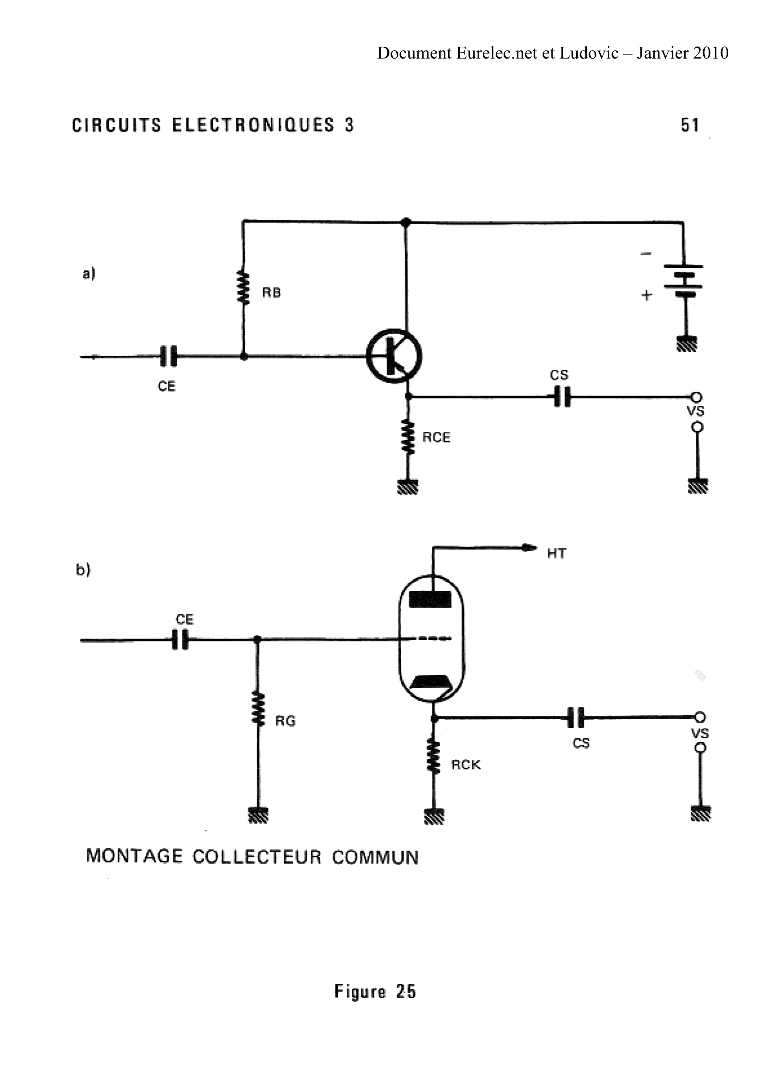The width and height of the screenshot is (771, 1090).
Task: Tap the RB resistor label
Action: [271, 293]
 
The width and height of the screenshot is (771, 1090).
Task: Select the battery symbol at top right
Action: [684, 280]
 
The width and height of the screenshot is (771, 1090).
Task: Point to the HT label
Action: [557, 553]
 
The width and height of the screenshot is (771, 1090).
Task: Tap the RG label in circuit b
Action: [285, 721]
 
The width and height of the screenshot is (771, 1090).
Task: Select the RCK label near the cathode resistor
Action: [466, 765]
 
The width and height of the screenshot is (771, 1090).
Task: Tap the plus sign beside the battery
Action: [647, 295]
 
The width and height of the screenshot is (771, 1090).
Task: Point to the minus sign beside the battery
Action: [645, 254]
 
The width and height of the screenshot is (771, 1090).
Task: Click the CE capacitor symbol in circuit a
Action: [168, 356]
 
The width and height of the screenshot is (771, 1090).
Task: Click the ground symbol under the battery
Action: [686, 343]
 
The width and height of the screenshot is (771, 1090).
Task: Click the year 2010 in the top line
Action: [710, 53]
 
